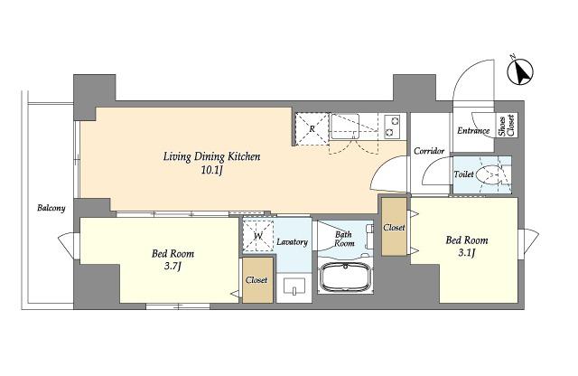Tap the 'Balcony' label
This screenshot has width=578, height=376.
(51, 208)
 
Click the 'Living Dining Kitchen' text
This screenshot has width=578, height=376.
(211, 157)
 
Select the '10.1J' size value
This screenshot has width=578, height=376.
(212, 171)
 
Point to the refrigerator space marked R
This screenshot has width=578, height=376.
(312, 129)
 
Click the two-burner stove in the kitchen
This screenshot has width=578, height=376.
(391, 127)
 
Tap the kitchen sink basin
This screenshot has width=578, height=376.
(344, 126)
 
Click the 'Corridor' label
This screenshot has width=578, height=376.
(429, 151)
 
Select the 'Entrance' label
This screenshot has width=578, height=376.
(473, 131)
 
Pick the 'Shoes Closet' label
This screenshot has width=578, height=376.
(507, 126)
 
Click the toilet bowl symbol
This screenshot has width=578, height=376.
(489, 175)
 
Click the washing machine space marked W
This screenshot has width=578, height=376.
(258, 235)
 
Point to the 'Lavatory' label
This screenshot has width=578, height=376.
(292, 242)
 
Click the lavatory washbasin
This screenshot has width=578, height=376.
(294, 287)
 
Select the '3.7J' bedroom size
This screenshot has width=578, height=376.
(172, 266)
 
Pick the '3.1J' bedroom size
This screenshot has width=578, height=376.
(467, 252)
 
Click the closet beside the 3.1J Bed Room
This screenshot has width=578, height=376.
(394, 227)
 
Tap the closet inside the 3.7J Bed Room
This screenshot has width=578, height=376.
(257, 280)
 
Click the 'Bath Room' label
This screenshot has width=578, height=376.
(344, 239)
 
